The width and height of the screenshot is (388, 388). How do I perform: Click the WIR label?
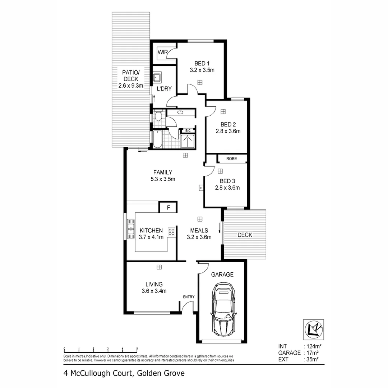click(162, 52)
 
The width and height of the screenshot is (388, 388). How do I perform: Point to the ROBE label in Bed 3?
click(231, 158)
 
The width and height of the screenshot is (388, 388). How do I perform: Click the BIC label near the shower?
click(188, 130)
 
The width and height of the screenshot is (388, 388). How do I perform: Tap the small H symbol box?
click(201, 188)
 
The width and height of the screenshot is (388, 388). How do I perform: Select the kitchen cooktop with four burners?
click(172, 232)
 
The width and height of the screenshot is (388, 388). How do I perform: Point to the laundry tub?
click(157, 77)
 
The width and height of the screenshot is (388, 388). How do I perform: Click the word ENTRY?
click(189, 297)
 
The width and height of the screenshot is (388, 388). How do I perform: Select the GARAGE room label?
click(222, 274)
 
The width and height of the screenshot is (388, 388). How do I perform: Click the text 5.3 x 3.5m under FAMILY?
click(163, 179)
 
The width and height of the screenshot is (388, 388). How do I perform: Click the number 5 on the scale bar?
click(137, 349)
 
